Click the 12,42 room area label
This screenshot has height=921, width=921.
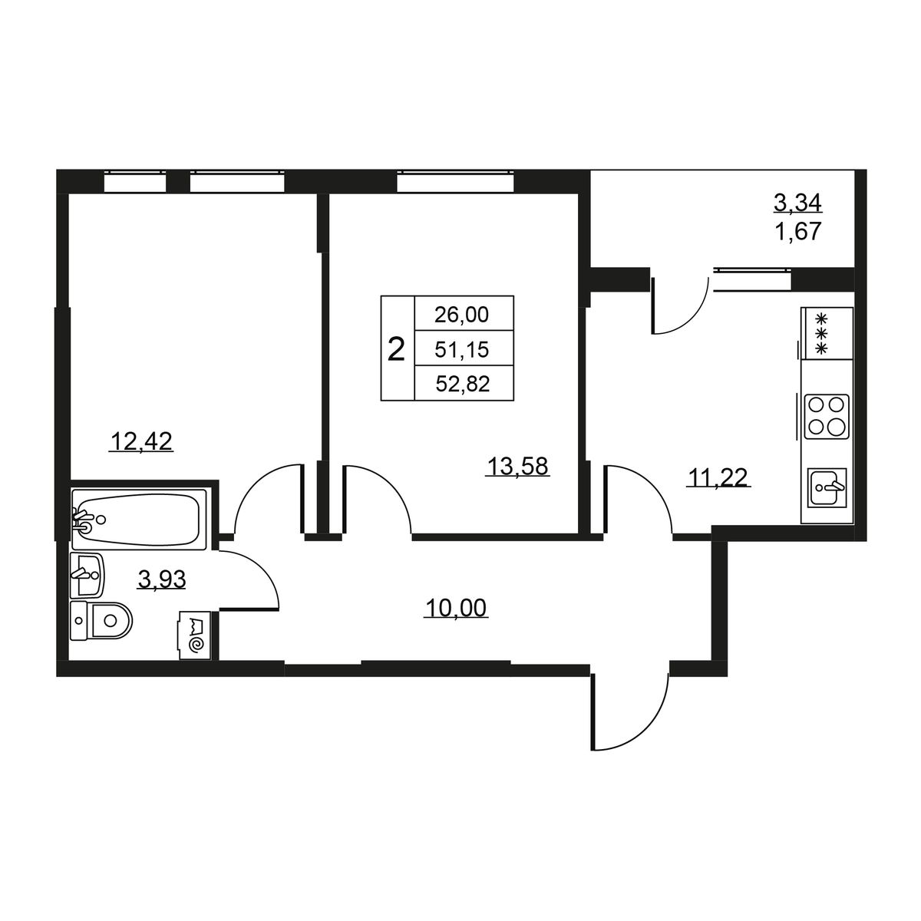coord(141,441)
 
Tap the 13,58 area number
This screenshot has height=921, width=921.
coord(517,466)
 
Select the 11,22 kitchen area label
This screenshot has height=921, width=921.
coord(718,477)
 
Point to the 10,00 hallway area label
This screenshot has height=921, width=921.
coord(455,608)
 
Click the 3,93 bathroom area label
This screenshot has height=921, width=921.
coord(161,579)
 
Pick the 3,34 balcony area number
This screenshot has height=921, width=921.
coord(797,203)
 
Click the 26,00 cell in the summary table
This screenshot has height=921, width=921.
coord(462,315)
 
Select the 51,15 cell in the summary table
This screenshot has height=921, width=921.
coord(462,349)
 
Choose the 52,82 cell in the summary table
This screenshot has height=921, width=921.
coord(462,384)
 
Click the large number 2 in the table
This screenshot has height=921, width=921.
coord(396,349)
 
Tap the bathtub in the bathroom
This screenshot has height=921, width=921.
coord(139,519)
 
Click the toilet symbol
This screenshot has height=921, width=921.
coord(101,620)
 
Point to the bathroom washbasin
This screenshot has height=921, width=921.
coord(87,575)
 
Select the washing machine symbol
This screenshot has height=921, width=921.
coord(194,635)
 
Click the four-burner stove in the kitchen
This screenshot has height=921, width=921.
coord(827,416)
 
